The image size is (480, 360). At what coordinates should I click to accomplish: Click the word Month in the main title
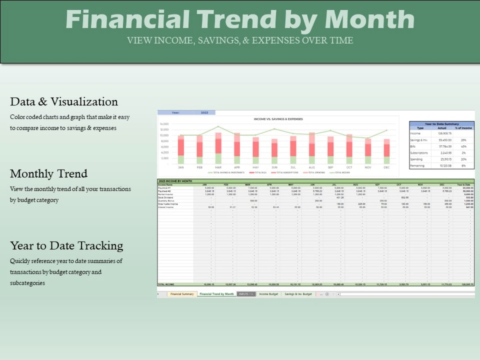(369, 19)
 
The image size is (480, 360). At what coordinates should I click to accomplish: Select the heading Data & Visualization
(64, 102)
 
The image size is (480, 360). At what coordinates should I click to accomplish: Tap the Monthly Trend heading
(49, 174)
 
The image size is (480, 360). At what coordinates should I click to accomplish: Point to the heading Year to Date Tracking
(66, 246)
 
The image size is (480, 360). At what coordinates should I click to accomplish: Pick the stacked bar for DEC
(387, 151)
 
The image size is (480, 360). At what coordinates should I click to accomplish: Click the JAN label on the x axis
(181, 167)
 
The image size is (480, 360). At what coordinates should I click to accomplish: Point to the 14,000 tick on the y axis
(164, 124)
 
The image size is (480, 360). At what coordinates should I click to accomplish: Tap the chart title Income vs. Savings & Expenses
(278, 119)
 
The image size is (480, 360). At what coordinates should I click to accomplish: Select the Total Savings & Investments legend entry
(226, 173)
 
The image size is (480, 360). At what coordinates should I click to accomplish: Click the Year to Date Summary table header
(442, 124)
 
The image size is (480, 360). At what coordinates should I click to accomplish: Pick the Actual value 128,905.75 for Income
(445, 133)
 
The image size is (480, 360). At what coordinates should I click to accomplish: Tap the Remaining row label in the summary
(417, 166)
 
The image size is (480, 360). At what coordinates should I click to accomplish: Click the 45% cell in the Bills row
(463, 146)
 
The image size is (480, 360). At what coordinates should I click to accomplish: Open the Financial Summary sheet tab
(182, 294)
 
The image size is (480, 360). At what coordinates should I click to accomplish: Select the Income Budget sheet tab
(268, 294)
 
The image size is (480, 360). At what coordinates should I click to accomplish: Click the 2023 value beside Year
(204, 112)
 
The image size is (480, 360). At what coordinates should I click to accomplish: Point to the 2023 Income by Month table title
(175, 181)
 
